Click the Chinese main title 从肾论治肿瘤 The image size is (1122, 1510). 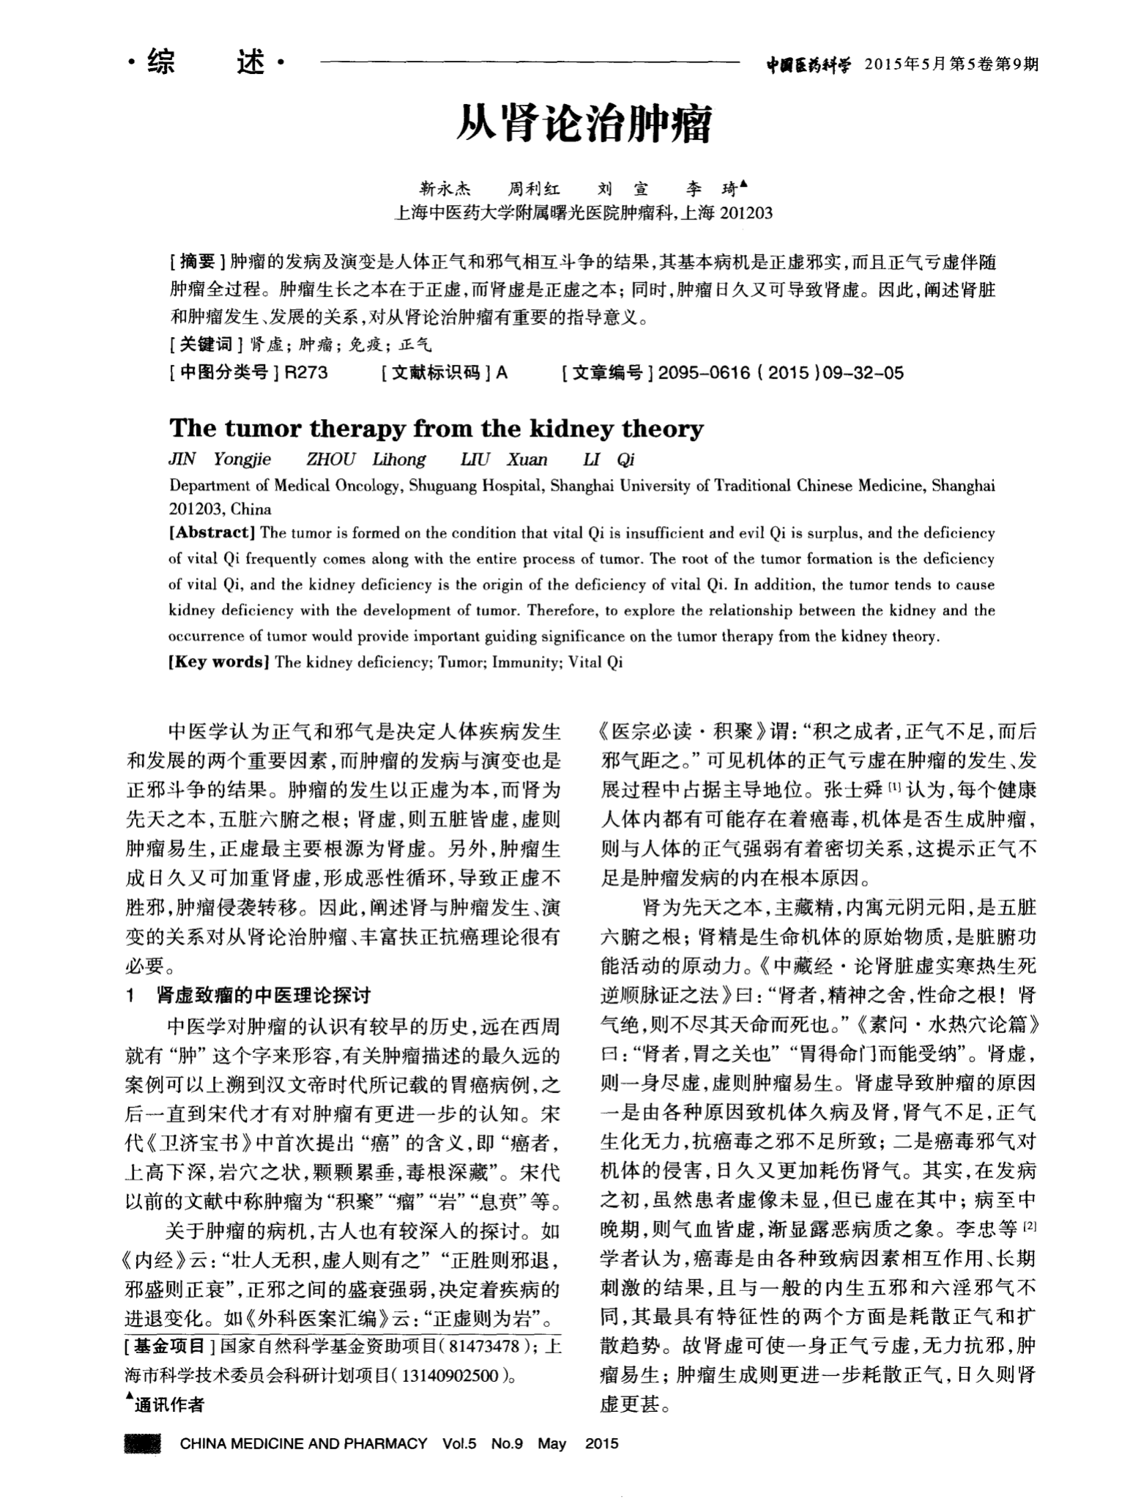click(x=584, y=125)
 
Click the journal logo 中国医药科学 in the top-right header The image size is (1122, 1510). click(x=809, y=65)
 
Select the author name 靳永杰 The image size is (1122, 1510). click(x=445, y=190)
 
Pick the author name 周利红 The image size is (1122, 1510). click(x=535, y=190)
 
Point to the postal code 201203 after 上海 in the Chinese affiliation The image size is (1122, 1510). click(x=746, y=213)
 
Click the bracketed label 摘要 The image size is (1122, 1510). click(x=197, y=262)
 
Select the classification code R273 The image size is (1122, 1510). click(x=306, y=373)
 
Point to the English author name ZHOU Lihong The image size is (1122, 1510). click(x=365, y=459)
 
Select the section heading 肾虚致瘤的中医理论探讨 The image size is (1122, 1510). click(x=264, y=996)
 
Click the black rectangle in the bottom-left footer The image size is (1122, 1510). click(x=143, y=1444)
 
